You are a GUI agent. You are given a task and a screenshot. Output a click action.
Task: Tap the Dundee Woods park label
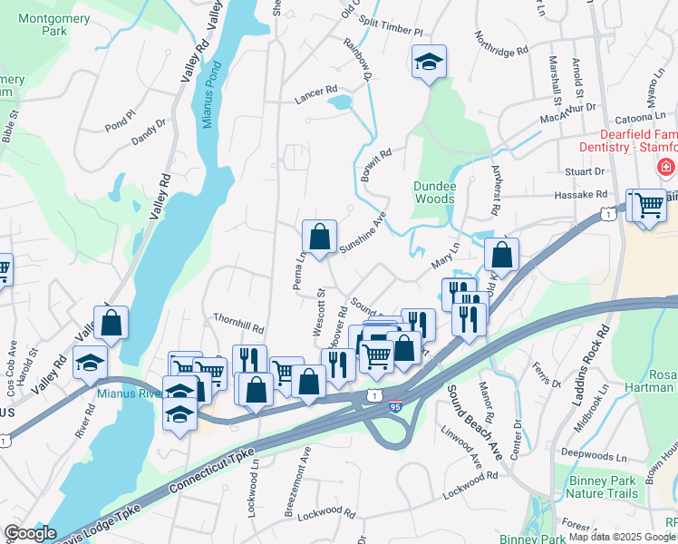pos(433,192)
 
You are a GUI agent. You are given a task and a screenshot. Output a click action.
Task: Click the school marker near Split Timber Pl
pos(429,63)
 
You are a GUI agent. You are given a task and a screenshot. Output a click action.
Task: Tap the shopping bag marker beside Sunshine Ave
pos(319,238)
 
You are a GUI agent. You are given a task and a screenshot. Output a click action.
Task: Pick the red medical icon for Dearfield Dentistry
pos(665,168)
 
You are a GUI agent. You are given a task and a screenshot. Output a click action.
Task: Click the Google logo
pos(30,532)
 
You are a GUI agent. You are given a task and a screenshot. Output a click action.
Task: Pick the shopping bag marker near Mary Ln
pos(501,255)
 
